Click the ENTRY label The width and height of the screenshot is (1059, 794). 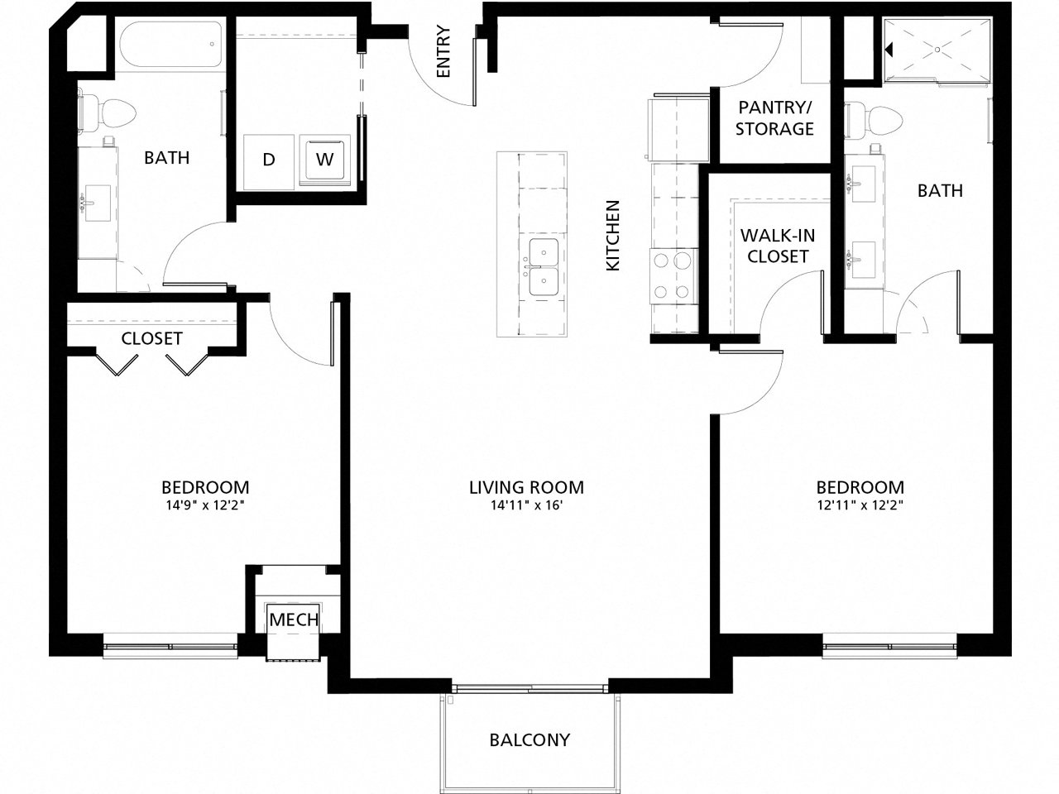(x=443, y=51)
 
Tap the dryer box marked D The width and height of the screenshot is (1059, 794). (x=269, y=160)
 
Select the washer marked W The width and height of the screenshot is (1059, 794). (x=326, y=159)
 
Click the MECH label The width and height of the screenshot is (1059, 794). (x=295, y=619)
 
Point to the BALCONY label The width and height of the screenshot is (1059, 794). (x=529, y=739)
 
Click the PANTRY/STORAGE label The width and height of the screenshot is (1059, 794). (x=775, y=117)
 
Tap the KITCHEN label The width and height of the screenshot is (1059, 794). (x=613, y=235)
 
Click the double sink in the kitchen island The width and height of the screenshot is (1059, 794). (x=544, y=269)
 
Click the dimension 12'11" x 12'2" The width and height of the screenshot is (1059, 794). (x=860, y=505)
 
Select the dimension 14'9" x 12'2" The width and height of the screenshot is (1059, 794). (x=204, y=505)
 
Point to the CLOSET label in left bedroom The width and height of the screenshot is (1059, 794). (x=151, y=338)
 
